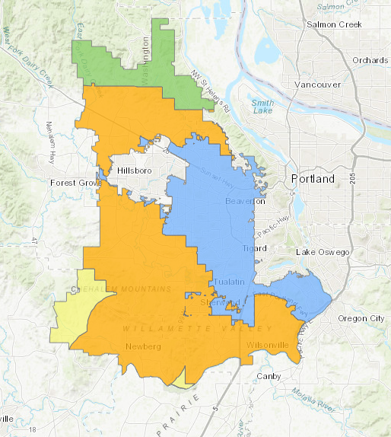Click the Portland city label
[313, 179]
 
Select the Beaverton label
[244, 202]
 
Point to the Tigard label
[255, 248]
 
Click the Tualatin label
[230, 282]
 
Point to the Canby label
[269, 376]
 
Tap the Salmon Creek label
[331, 24]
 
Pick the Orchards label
[370, 60]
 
